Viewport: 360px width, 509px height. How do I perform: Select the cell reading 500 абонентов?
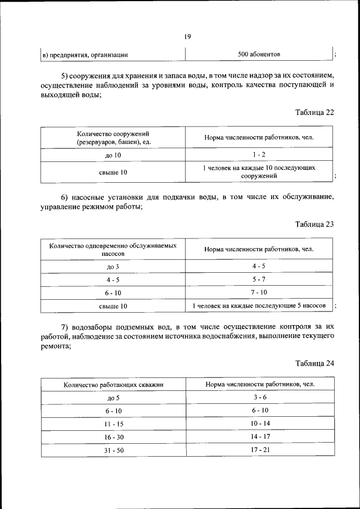259,55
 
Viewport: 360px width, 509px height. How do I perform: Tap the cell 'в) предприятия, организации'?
85,55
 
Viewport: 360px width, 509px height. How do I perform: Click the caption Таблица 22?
314,112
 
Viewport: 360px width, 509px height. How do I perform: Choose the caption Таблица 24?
314,363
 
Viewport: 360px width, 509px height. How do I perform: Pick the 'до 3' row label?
113,267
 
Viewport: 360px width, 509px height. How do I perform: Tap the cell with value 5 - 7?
259,279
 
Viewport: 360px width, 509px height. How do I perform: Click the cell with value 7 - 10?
259,292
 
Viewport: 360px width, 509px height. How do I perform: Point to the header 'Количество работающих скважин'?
113,385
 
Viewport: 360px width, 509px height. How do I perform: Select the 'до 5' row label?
113,398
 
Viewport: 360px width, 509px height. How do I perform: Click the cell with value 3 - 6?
259,397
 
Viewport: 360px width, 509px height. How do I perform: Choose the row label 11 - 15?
113,424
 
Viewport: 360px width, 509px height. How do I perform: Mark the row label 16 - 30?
113,436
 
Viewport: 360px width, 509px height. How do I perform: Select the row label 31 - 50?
113,450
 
